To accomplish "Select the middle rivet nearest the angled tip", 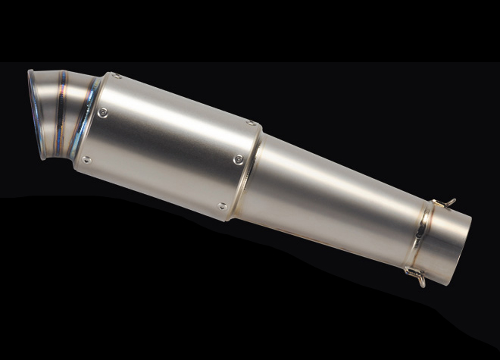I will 102,113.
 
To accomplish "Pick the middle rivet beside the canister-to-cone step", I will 239,158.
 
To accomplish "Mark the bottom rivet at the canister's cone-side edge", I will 222,205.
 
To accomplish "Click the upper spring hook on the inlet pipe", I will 448,202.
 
